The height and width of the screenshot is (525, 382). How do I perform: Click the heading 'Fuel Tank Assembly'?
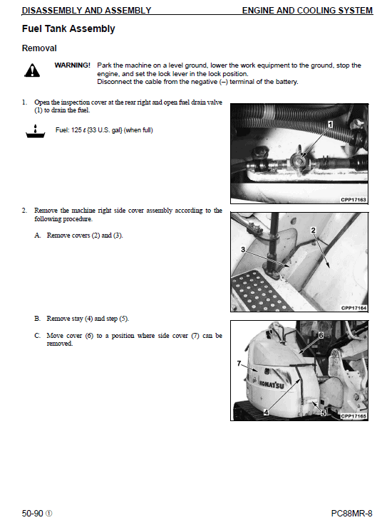point(68,29)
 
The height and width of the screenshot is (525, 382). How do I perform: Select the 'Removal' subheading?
point(38,48)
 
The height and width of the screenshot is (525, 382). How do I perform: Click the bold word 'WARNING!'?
point(72,65)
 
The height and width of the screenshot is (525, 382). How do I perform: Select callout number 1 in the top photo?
point(330,124)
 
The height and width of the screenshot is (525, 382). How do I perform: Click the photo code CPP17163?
point(353,200)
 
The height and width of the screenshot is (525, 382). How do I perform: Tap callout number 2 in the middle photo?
point(313,230)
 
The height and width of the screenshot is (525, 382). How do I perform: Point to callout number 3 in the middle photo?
point(242,249)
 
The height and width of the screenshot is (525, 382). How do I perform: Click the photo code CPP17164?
point(353,308)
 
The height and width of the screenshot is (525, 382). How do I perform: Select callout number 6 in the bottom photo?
point(321,334)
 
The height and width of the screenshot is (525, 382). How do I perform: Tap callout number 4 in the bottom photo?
point(266,412)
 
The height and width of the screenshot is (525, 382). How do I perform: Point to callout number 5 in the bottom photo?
point(323,412)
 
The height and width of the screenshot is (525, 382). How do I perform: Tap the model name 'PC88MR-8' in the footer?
point(351,513)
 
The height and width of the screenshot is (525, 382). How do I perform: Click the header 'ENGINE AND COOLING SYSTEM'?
point(306,11)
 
